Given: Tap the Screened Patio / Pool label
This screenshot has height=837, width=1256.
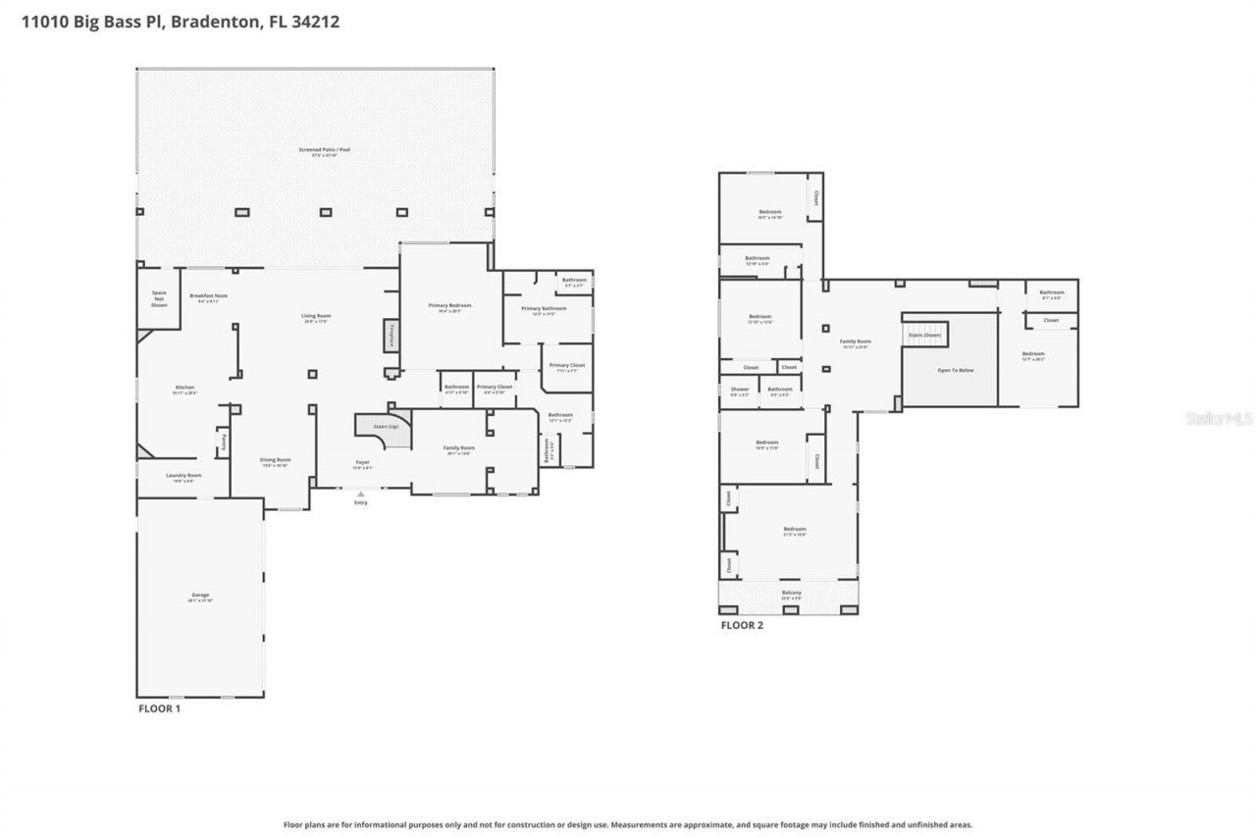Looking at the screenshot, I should pos(324,150).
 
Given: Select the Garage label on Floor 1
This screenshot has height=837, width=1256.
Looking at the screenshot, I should pos(200,596).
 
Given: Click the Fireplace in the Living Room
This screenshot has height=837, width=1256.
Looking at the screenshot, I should pos(391,334).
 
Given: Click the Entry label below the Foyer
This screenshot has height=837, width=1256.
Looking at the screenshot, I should pos(361,502).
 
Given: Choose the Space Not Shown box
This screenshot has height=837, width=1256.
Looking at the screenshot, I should pos(159,298).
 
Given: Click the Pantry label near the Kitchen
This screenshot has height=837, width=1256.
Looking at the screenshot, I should pos(223,442).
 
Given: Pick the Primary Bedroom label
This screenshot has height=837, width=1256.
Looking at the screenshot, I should pos(449,305).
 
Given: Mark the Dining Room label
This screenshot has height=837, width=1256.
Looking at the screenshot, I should pos(275,460).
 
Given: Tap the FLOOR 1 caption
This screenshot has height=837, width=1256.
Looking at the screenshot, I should pos(158,707).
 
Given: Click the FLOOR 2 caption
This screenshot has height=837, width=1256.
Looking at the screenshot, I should pos(742,625).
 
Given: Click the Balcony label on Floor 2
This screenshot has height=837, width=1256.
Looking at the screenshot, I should pos(791,593).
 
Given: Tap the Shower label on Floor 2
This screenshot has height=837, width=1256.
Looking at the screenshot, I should pos(739,390).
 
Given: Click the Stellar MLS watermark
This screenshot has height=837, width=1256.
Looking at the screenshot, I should pos(1219,418).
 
